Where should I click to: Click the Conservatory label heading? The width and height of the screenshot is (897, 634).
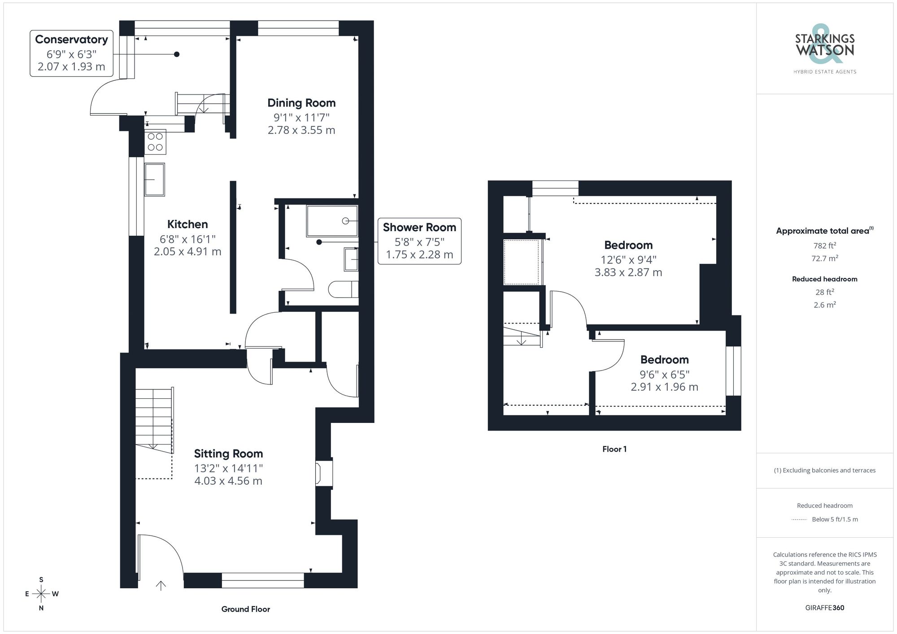point(71,39)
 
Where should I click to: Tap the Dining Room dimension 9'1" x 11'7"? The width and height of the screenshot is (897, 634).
point(301,117)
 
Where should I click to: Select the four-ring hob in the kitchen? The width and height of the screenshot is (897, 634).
point(155,142)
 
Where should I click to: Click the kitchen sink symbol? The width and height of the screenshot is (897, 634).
point(154,179)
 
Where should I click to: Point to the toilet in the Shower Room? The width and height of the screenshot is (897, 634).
point(344,289)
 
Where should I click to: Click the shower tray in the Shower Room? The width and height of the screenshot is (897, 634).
point(332,220)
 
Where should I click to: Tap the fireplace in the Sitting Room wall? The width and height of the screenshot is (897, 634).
point(324,474)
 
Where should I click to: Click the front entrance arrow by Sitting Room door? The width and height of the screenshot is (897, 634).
point(161,585)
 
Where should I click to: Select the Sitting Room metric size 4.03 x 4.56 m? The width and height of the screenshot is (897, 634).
point(228,481)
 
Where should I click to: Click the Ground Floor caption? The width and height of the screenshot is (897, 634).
point(245,609)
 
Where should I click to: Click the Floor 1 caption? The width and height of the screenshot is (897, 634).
point(614,449)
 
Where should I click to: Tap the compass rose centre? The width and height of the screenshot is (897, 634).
point(41,594)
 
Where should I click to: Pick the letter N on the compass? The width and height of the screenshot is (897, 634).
point(41,608)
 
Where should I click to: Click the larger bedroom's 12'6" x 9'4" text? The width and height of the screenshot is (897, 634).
point(628,259)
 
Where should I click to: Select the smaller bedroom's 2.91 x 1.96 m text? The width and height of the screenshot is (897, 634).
point(664,387)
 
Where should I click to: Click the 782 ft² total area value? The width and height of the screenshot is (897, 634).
point(824,246)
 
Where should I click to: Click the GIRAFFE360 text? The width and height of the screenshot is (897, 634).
point(824,608)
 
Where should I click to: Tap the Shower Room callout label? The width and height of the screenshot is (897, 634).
point(419,228)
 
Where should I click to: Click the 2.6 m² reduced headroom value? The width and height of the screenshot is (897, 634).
point(824,305)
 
